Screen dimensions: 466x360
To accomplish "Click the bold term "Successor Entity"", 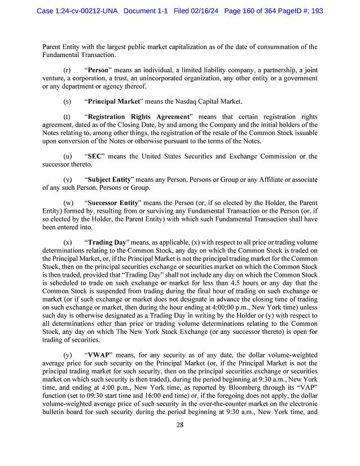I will [115, 202].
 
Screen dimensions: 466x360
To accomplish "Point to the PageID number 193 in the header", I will [315, 11].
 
